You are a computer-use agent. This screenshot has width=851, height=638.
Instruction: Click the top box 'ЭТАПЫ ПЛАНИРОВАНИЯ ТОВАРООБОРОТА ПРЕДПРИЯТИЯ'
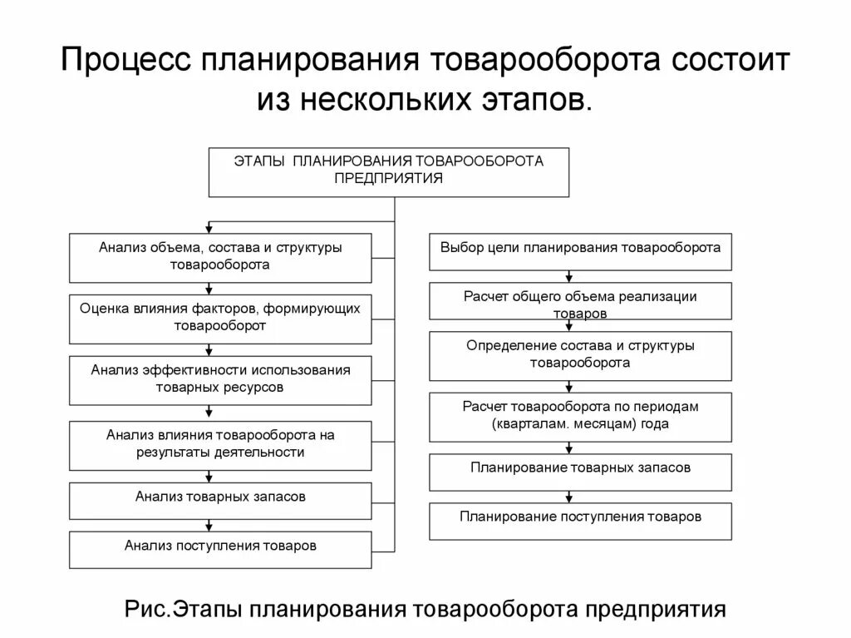[x=388, y=172]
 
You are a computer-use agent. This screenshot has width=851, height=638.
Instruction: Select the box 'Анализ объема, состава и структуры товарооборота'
[x=220, y=257]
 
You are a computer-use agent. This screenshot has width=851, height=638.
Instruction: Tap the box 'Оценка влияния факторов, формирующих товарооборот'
[x=220, y=319]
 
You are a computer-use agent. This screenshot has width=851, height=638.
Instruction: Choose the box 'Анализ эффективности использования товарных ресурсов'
[x=220, y=379]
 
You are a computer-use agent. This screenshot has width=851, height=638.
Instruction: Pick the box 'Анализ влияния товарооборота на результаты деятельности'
[x=220, y=445]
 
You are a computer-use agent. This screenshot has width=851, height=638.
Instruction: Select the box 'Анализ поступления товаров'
[x=220, y=549]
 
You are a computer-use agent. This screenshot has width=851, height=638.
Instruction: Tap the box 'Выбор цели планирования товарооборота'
[x=580, y=251]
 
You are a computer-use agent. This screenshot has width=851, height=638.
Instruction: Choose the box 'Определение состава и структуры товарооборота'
[x=580, y=355]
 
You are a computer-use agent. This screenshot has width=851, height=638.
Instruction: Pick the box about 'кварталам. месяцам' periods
[x=580, y=415]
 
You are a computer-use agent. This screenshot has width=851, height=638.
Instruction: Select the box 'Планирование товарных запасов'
[x=580, y=471]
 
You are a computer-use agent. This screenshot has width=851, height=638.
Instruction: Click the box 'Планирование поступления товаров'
[x=580, y=521]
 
